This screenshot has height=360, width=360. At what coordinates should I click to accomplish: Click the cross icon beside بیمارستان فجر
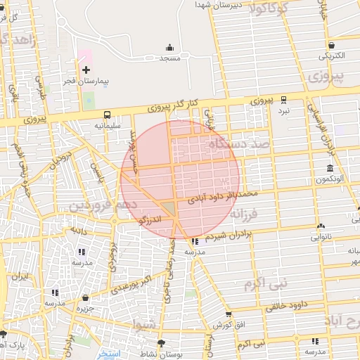tap(86, 70)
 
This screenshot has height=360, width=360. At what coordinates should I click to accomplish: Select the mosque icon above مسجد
tap(170, 48)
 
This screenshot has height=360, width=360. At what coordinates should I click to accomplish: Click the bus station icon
tap(107, 115)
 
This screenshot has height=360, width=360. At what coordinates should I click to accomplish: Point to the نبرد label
tap(283, 111)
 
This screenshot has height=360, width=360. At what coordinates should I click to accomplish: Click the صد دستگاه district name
tap(238, 144)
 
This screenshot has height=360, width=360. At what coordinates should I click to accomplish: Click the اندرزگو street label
tap(151, 221)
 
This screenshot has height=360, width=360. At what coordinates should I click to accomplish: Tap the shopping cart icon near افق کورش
tap(229, 314)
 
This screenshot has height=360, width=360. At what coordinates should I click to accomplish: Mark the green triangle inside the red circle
tap(169, 207)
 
